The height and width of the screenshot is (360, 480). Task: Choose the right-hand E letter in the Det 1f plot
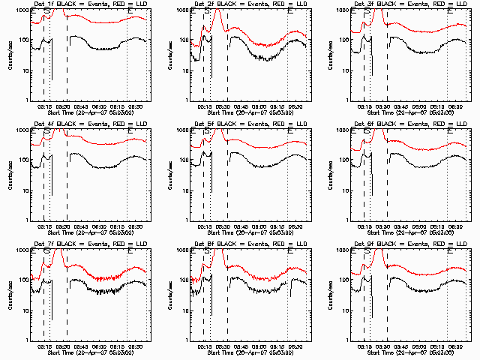click(130, 12)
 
